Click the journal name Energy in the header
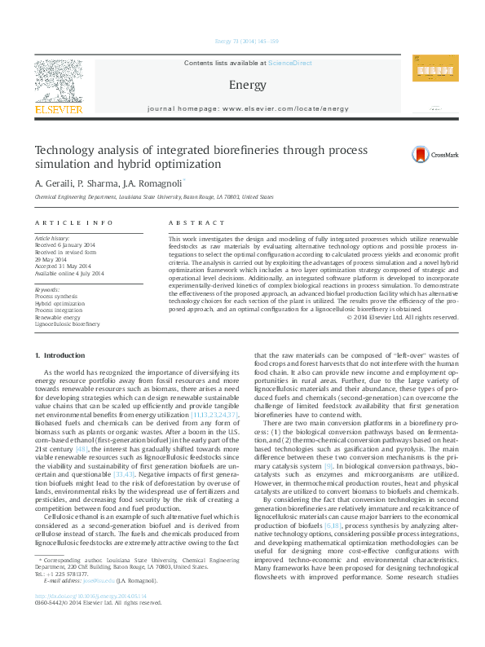242,85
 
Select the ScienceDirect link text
290,63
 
